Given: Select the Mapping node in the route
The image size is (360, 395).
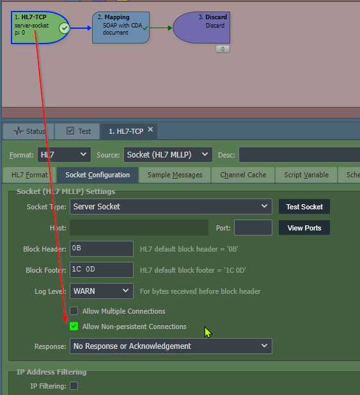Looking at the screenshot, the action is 121,28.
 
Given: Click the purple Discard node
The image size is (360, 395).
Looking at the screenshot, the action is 201,28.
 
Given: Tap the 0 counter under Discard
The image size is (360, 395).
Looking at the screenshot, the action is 223,49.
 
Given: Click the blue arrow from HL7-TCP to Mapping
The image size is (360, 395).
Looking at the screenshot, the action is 81,28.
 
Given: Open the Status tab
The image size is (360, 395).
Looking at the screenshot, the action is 28,131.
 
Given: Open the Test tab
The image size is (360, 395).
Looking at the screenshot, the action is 77,131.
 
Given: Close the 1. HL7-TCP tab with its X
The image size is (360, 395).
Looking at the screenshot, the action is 150,129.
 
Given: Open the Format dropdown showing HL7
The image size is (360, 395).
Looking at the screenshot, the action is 64,155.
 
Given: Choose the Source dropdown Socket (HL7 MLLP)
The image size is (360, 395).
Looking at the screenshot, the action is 168,155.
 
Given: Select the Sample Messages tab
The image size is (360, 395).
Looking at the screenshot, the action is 175,175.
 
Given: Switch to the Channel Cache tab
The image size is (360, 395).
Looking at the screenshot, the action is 243,175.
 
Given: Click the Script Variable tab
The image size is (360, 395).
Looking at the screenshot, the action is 306,175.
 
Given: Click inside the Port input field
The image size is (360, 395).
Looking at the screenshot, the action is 253,228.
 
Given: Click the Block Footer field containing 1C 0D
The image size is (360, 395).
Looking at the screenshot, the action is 102,270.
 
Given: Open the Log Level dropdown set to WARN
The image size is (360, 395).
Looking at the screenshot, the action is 102,291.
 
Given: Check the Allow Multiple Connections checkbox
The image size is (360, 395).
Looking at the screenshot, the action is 74,311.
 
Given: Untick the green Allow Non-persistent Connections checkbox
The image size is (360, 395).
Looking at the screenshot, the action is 74,326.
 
